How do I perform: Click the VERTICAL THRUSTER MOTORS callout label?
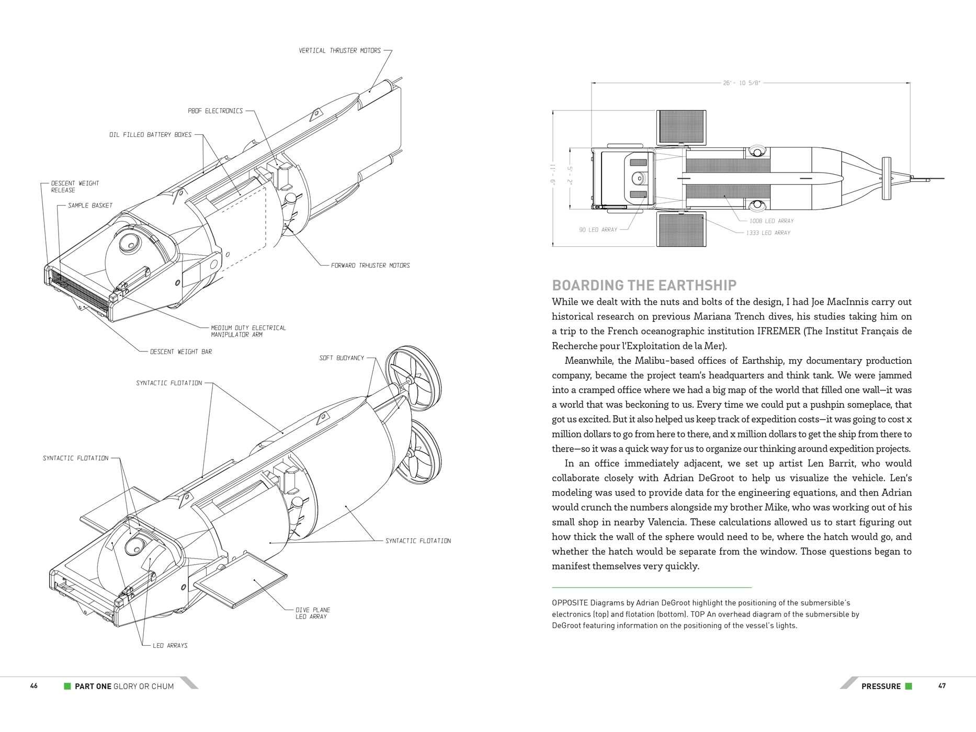coord(339,51)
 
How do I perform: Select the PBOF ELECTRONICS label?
coord(215,111)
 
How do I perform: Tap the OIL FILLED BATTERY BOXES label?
coord(151,135)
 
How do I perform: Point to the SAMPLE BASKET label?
coord(90,205)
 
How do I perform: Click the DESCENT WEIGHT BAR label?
coord(181,352)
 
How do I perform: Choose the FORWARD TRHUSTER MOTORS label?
coord(370,266)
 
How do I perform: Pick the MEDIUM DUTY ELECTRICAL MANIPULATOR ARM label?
coord(248,331)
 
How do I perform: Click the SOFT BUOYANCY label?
coord(342,358)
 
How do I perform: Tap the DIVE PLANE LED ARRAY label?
coord(313,613)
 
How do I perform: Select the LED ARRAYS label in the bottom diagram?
coord(170,646)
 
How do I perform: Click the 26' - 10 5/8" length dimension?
coord(742,83)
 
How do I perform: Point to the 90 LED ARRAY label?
coord(598,230)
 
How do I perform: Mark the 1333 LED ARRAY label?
coord(768,233)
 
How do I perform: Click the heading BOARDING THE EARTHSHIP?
coord(644,285)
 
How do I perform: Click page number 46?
coord(34,686)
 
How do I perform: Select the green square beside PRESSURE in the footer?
coord(909,686)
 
